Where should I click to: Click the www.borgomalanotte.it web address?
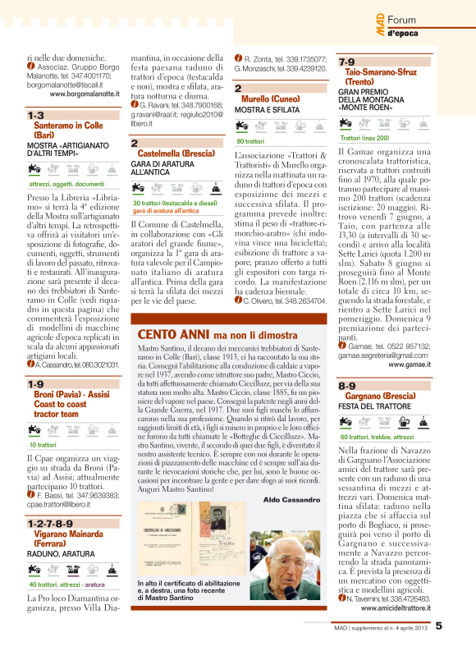85,94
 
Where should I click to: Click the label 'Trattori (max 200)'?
364,138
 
